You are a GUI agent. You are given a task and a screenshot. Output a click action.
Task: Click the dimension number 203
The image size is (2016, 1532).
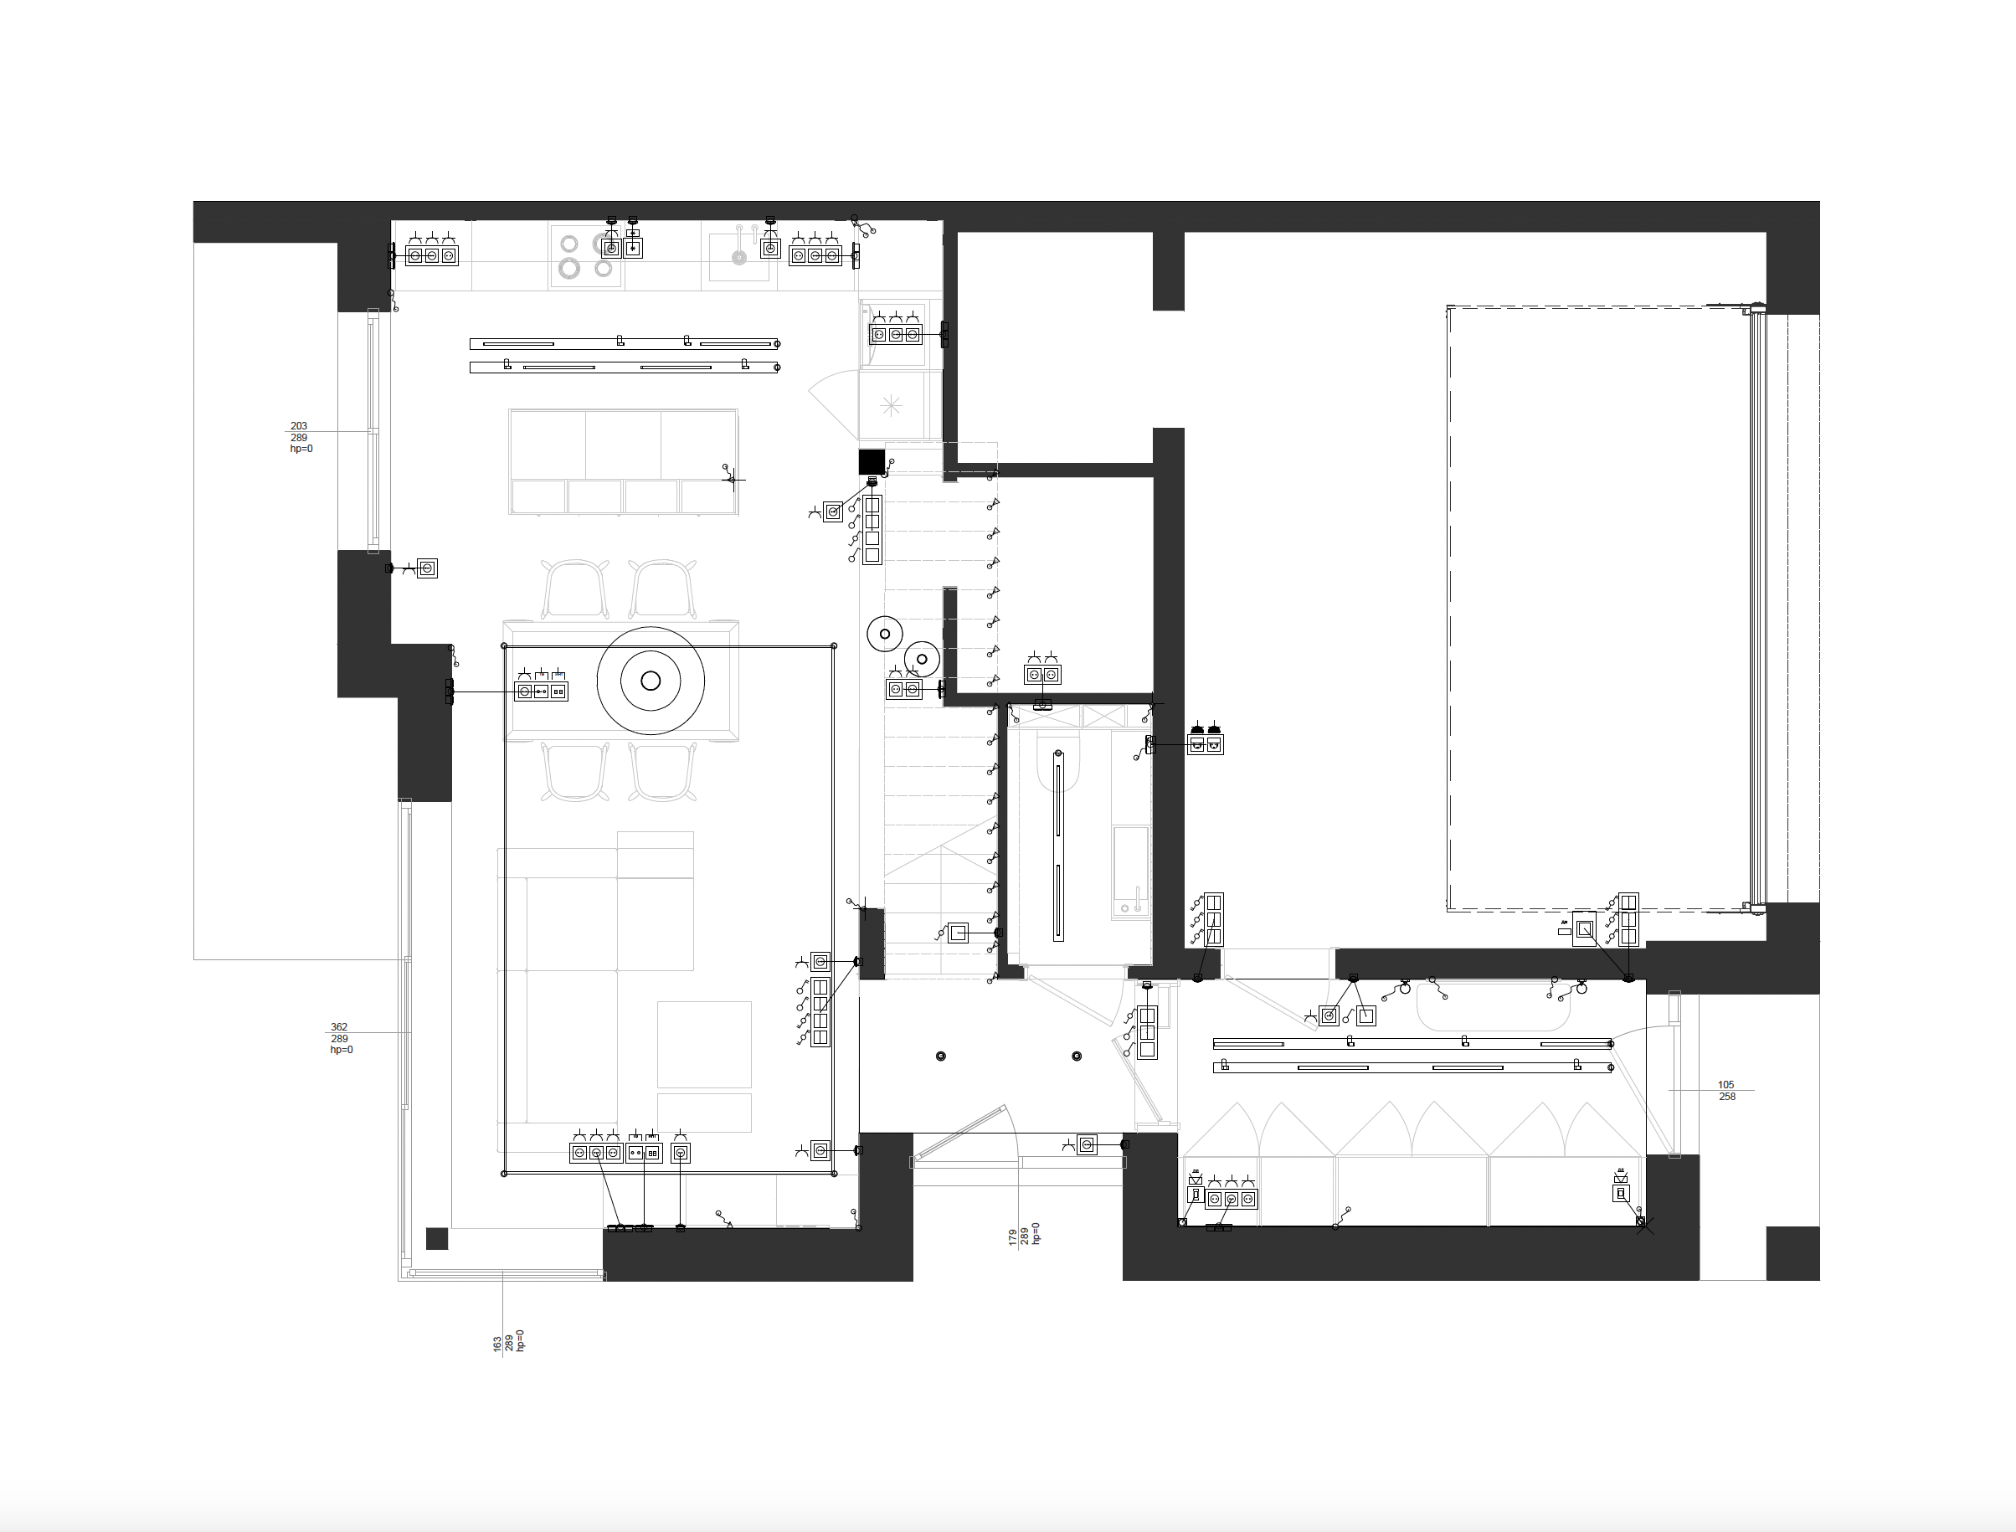[x=298, y=426]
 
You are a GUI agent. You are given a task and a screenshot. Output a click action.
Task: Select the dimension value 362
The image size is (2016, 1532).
[x=338, y=1027]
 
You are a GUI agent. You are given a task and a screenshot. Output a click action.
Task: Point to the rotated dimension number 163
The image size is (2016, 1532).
[x=497, y=1344]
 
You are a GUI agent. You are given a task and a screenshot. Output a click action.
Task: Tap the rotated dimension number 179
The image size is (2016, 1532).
[x=1012, y=1237]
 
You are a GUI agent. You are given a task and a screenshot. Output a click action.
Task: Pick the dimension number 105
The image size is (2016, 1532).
[x=1726, y=1085]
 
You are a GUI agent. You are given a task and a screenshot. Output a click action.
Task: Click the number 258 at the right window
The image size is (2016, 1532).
[x=1727, y=1097]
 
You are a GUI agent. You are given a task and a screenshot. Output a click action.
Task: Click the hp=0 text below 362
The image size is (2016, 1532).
[x=341, y=1050]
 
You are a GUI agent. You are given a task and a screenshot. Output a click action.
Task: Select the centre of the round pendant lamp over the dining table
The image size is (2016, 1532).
[x=651, y=681]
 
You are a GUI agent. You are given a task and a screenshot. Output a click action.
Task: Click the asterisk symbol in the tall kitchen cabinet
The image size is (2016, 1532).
[x=891, y=405]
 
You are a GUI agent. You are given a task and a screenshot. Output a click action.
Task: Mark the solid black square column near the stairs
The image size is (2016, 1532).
[x=872, y=461]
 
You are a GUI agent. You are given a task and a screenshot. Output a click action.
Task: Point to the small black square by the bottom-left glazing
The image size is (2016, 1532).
[x=437, y=1238]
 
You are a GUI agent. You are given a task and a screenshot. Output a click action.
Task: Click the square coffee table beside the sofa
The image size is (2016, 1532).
[x=704, y=1044]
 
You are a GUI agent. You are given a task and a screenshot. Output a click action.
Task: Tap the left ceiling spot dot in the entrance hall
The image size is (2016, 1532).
[x=940, y=1056]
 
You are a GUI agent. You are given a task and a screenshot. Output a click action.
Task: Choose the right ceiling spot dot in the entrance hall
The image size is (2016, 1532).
[x=1077, y=1056]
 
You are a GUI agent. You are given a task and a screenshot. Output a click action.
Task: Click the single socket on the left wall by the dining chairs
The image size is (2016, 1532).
[x=427, y=568]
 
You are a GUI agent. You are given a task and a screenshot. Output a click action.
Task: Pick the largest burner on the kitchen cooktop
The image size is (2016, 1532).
[x=570, y=268]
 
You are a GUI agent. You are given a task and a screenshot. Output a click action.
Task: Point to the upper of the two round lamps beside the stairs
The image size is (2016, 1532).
[x=884, y=633]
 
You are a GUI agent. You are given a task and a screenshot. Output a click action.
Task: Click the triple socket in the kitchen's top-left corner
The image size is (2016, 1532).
[x=431, y=255]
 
